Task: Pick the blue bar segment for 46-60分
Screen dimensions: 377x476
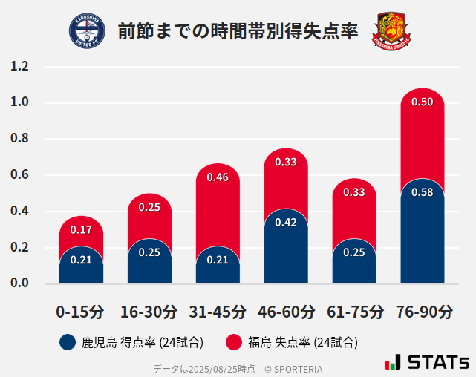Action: (286, 252)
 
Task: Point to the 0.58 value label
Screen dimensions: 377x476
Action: (423, 192)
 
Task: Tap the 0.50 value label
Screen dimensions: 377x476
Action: (423, 102)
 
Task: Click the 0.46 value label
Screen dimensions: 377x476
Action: (218, 177)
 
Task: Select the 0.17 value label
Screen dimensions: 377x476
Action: (81, 230)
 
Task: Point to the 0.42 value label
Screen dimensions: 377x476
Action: (286, 222)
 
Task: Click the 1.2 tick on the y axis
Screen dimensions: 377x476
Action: (20, 66)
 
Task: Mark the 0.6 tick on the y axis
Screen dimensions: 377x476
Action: (20, 175)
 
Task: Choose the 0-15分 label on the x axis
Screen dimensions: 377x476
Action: (81, 312)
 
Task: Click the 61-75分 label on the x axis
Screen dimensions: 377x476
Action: (354, 312)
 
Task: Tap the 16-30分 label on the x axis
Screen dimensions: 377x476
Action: (149, 312)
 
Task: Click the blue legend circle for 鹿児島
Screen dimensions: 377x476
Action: (67, 342)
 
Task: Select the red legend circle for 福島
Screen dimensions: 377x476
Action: (234, 342)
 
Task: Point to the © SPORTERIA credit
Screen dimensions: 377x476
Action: (293, 368)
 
